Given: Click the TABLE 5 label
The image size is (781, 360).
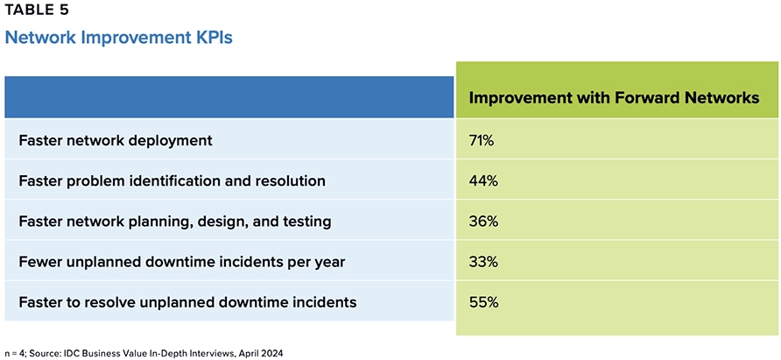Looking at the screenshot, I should [x=34, y=11].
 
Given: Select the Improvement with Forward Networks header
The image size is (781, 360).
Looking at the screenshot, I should [x=614, y=98].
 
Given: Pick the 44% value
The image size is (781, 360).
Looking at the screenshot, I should [x=484, y=181].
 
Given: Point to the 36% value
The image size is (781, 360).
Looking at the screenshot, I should [x=484, y=222].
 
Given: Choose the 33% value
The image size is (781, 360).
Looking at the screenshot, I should [x=484, y=262].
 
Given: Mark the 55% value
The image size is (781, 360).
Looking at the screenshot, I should [x=484, y=302].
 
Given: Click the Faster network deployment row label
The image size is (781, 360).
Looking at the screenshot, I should [x=116, y=140].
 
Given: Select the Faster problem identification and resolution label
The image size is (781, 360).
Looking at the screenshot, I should [x=172, y=181].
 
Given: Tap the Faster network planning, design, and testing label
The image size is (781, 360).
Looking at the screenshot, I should [x=174, y=222].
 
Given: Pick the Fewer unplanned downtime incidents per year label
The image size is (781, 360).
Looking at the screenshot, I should [x=181, y=262].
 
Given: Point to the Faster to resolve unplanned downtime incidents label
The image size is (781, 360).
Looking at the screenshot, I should [x=186, y=302].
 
